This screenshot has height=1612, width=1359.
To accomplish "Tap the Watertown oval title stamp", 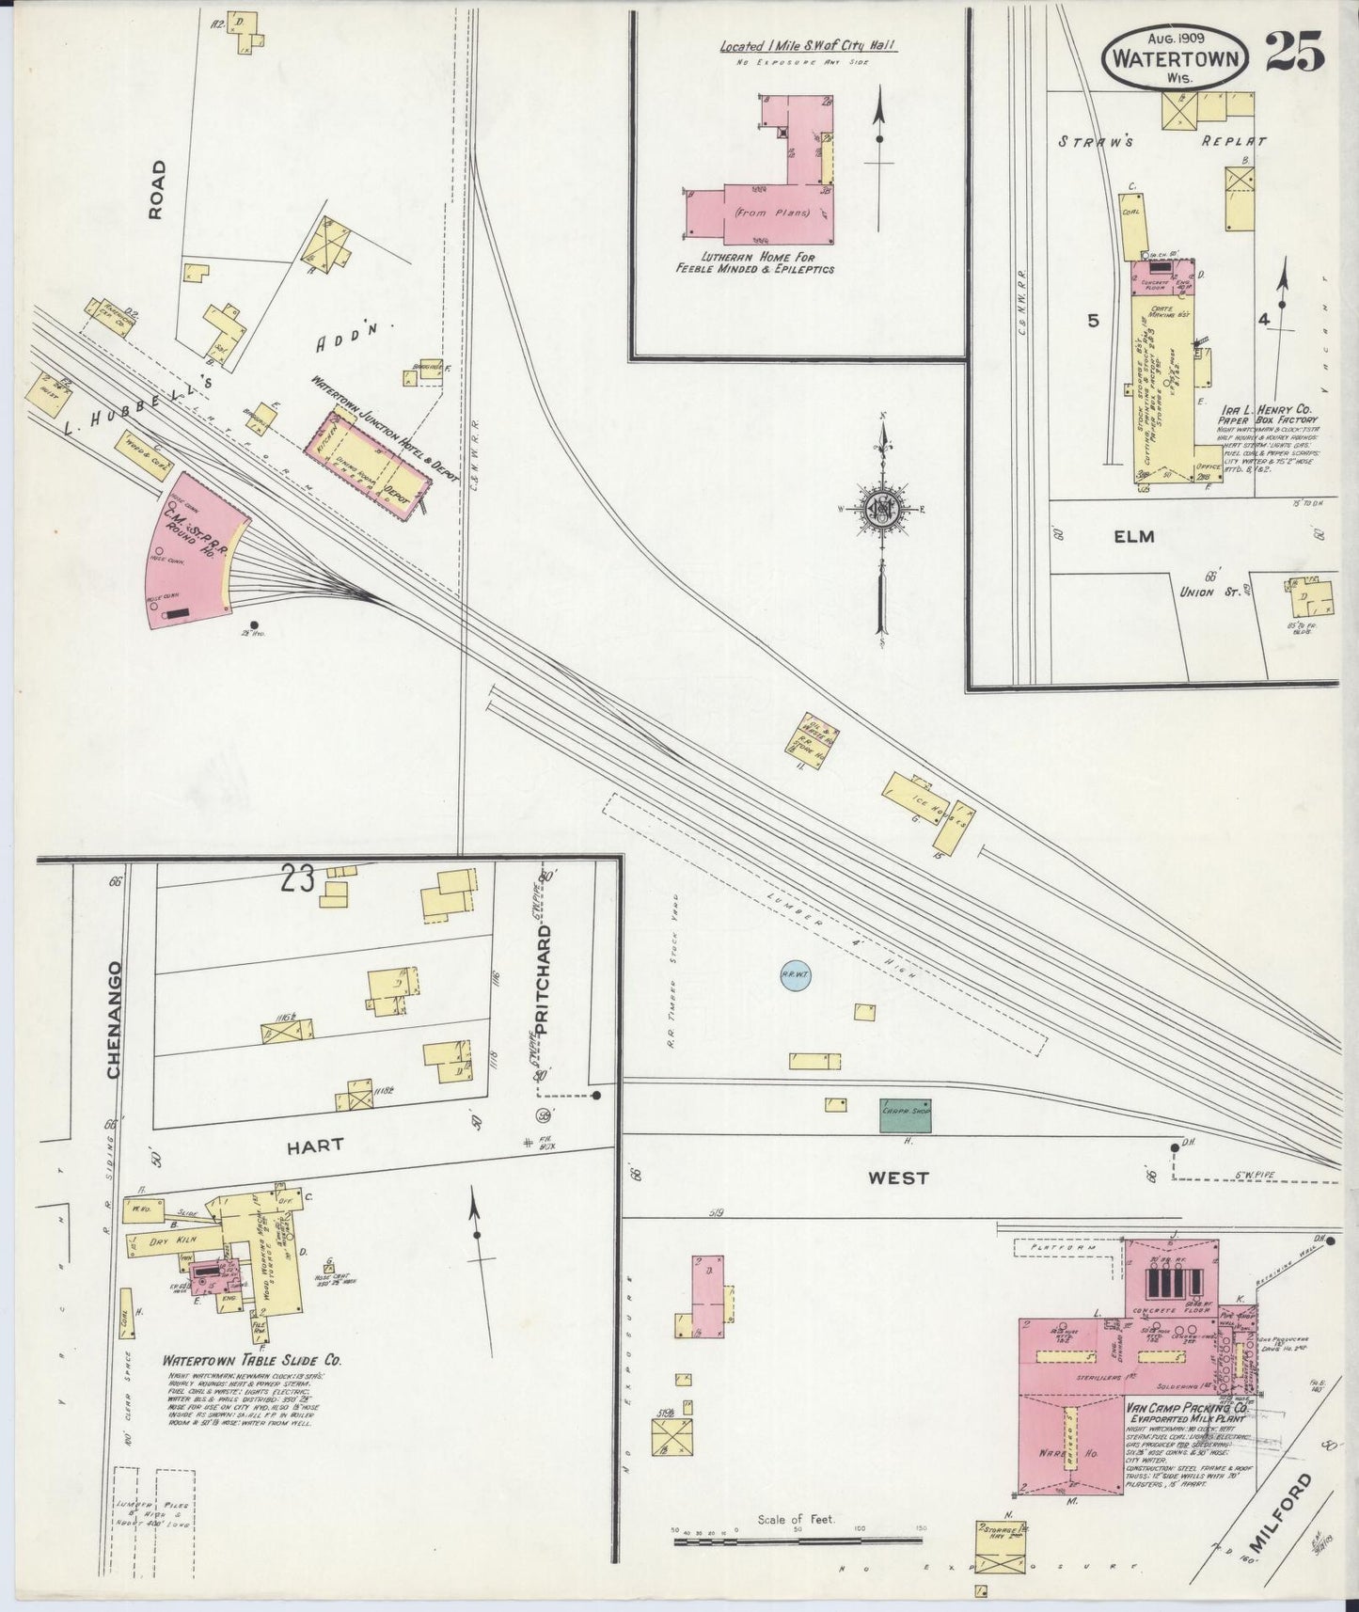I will tap(1176, 55).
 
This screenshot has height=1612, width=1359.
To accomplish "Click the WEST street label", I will tap(898, 1177).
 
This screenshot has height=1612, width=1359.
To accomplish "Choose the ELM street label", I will tap(1133, 537).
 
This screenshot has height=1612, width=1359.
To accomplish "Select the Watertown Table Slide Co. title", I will tap(251, 1361).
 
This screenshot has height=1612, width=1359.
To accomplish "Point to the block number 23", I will tap(296, 880).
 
